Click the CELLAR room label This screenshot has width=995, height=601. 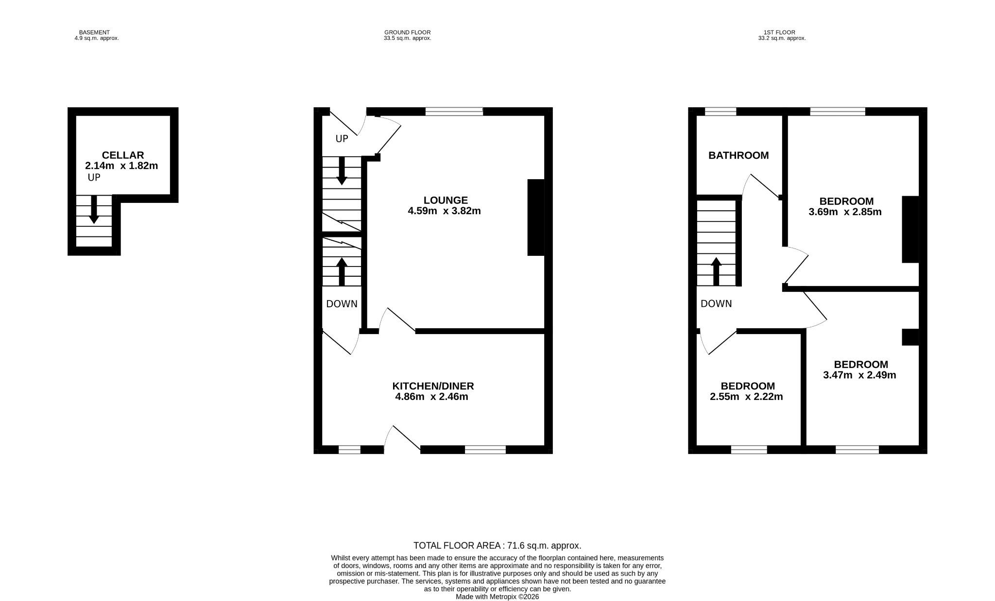123,155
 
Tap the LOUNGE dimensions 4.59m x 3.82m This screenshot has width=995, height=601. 445,211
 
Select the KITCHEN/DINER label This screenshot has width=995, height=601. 433,386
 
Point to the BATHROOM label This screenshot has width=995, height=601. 738,156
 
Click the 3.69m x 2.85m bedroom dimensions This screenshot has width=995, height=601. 845,212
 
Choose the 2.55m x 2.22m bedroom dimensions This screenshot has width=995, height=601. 746,397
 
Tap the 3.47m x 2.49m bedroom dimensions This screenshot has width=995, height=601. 859,375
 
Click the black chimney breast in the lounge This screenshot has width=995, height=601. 536,217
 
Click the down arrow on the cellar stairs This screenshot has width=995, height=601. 94,209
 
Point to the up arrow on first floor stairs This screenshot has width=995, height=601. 716,271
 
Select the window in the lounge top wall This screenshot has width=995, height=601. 454,112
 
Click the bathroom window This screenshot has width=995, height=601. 721,112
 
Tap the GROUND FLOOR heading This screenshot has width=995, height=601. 407,33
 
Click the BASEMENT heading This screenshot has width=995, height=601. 94,33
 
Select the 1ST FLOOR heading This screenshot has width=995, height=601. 782,33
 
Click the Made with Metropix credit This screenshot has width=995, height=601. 497,597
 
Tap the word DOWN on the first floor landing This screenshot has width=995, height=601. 716,304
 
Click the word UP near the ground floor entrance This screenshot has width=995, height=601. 342,139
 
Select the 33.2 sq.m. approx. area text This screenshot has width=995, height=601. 782,38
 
